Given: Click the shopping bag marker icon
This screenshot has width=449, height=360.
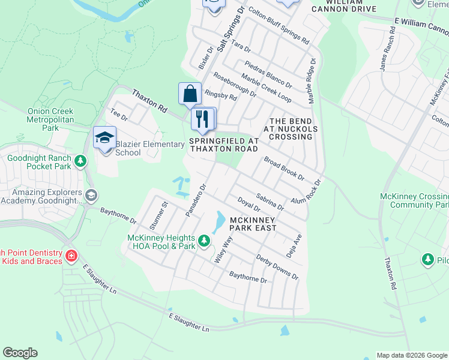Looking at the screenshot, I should pos(190,94).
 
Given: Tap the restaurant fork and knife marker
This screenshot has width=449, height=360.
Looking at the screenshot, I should pos(203,118).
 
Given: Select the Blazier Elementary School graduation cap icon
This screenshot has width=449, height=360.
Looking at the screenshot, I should pos(104,138).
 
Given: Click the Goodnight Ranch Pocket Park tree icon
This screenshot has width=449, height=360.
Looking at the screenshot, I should pos(80,161).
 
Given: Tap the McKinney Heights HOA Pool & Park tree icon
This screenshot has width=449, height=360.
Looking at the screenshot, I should pos(204,241).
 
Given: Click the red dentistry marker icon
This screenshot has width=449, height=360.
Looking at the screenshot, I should pos(71,257).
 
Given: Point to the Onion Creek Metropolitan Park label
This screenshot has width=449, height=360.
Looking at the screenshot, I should pos(50,119).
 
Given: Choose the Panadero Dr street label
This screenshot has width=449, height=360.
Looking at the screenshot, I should pos(196,200).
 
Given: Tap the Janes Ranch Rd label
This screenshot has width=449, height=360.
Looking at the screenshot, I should pos(387,53).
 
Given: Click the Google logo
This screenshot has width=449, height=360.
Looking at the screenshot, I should pos(20,353).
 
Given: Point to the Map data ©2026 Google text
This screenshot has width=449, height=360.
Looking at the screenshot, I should pos(411,355).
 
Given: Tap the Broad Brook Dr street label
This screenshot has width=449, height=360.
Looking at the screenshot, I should pos(284,170).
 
